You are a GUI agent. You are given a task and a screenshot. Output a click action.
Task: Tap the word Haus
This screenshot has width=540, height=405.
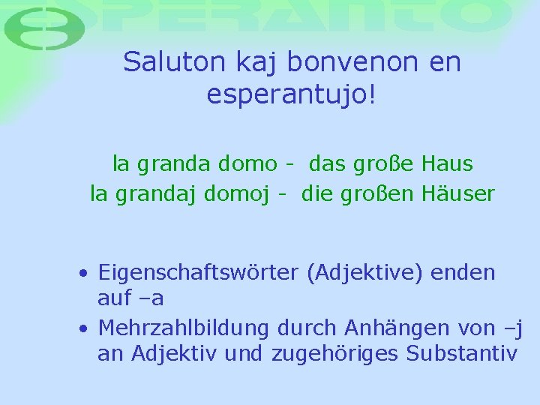(x=447, y=163)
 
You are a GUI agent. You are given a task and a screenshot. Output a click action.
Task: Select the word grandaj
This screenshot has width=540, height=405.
(x=152, y=194)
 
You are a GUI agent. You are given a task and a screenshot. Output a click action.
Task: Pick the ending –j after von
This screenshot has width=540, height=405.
(x=514, y=328)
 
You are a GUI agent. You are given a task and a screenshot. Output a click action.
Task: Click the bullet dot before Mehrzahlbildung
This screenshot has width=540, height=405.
(x=86, y=328)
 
